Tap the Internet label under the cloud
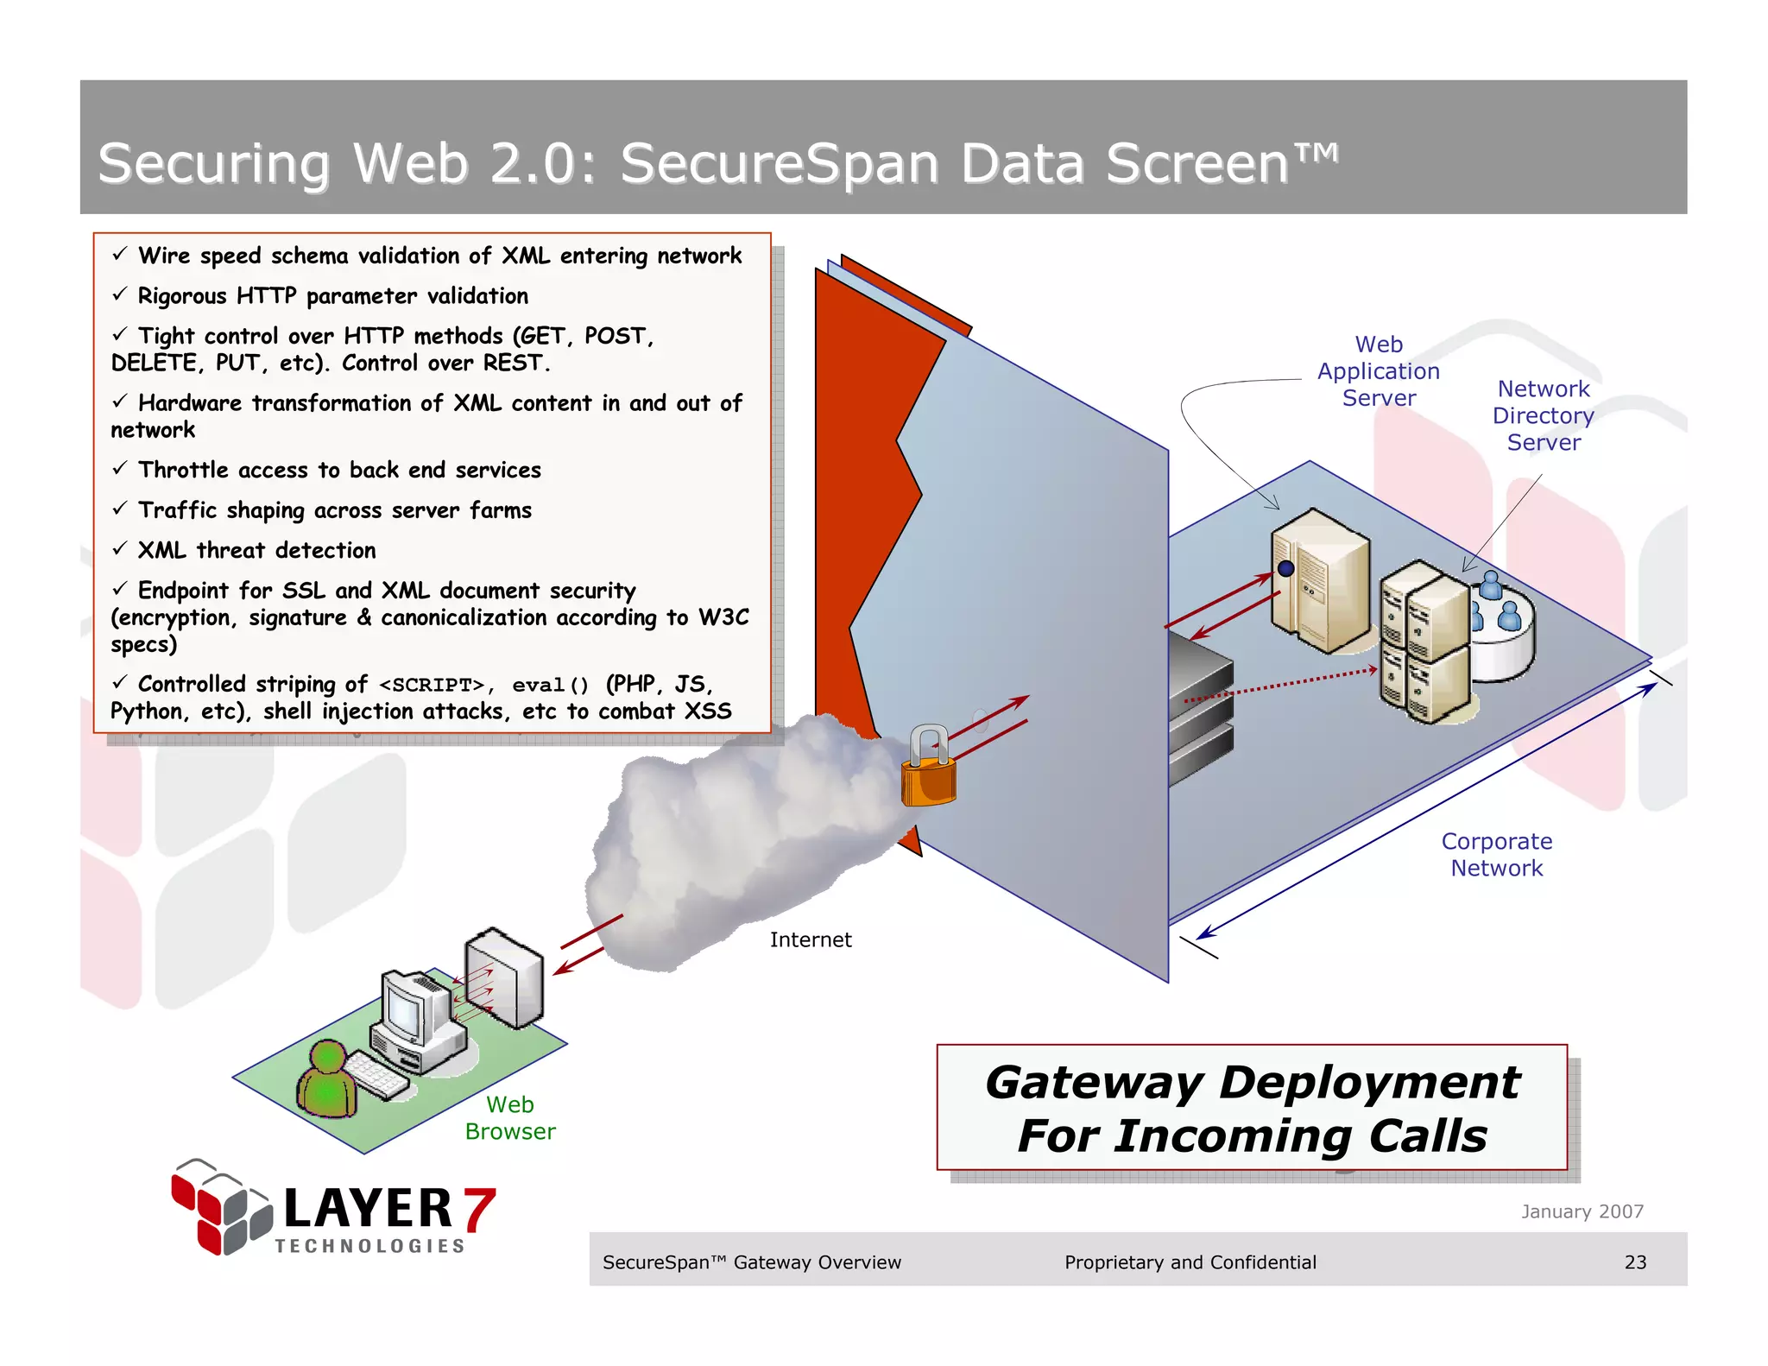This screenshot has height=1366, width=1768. [x=810, y=939]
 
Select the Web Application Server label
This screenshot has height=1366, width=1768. [x=1379, y=371]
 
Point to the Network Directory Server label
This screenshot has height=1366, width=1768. [x=1544, y=415]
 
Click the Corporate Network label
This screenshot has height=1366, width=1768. [x=1497, y=855]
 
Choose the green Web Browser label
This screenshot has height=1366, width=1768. [x=510, y=1117]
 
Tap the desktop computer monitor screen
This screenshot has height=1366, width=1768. [x=403, y=1005]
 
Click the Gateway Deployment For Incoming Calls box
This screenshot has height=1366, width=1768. [x=1252, y=1108]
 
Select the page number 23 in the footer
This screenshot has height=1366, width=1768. [x=1635, y=1262]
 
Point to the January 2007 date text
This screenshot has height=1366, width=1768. [x=1582, y=1211]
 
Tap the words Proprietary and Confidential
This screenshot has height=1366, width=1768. [x=1190, y=1262]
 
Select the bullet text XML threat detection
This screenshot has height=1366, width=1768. [x=256, y=550]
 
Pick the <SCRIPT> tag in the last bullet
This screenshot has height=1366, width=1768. [x=432, y=686]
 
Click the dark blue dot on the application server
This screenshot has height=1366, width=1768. [x=1285, y=568]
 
